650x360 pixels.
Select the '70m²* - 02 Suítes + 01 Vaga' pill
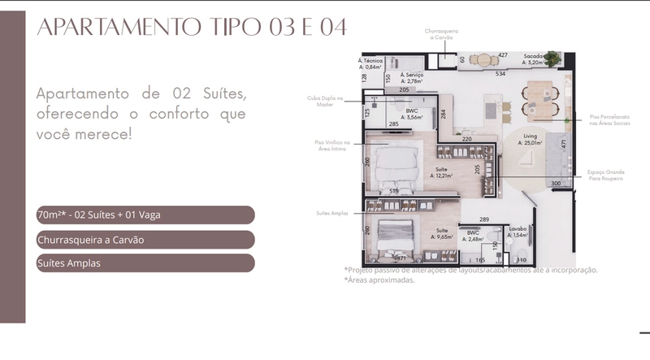(145, 215)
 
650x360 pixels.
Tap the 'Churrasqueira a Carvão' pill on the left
(145, 240)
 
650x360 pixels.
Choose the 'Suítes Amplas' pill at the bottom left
(145, 263)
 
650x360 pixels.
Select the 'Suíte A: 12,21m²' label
(442, 173)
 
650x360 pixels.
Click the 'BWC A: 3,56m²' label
(412, 114)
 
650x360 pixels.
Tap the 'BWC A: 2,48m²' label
(473, 236)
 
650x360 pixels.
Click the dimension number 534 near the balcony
(501, 73)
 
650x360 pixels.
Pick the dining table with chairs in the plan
(537, 97)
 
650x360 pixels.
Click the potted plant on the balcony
(553, 59)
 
